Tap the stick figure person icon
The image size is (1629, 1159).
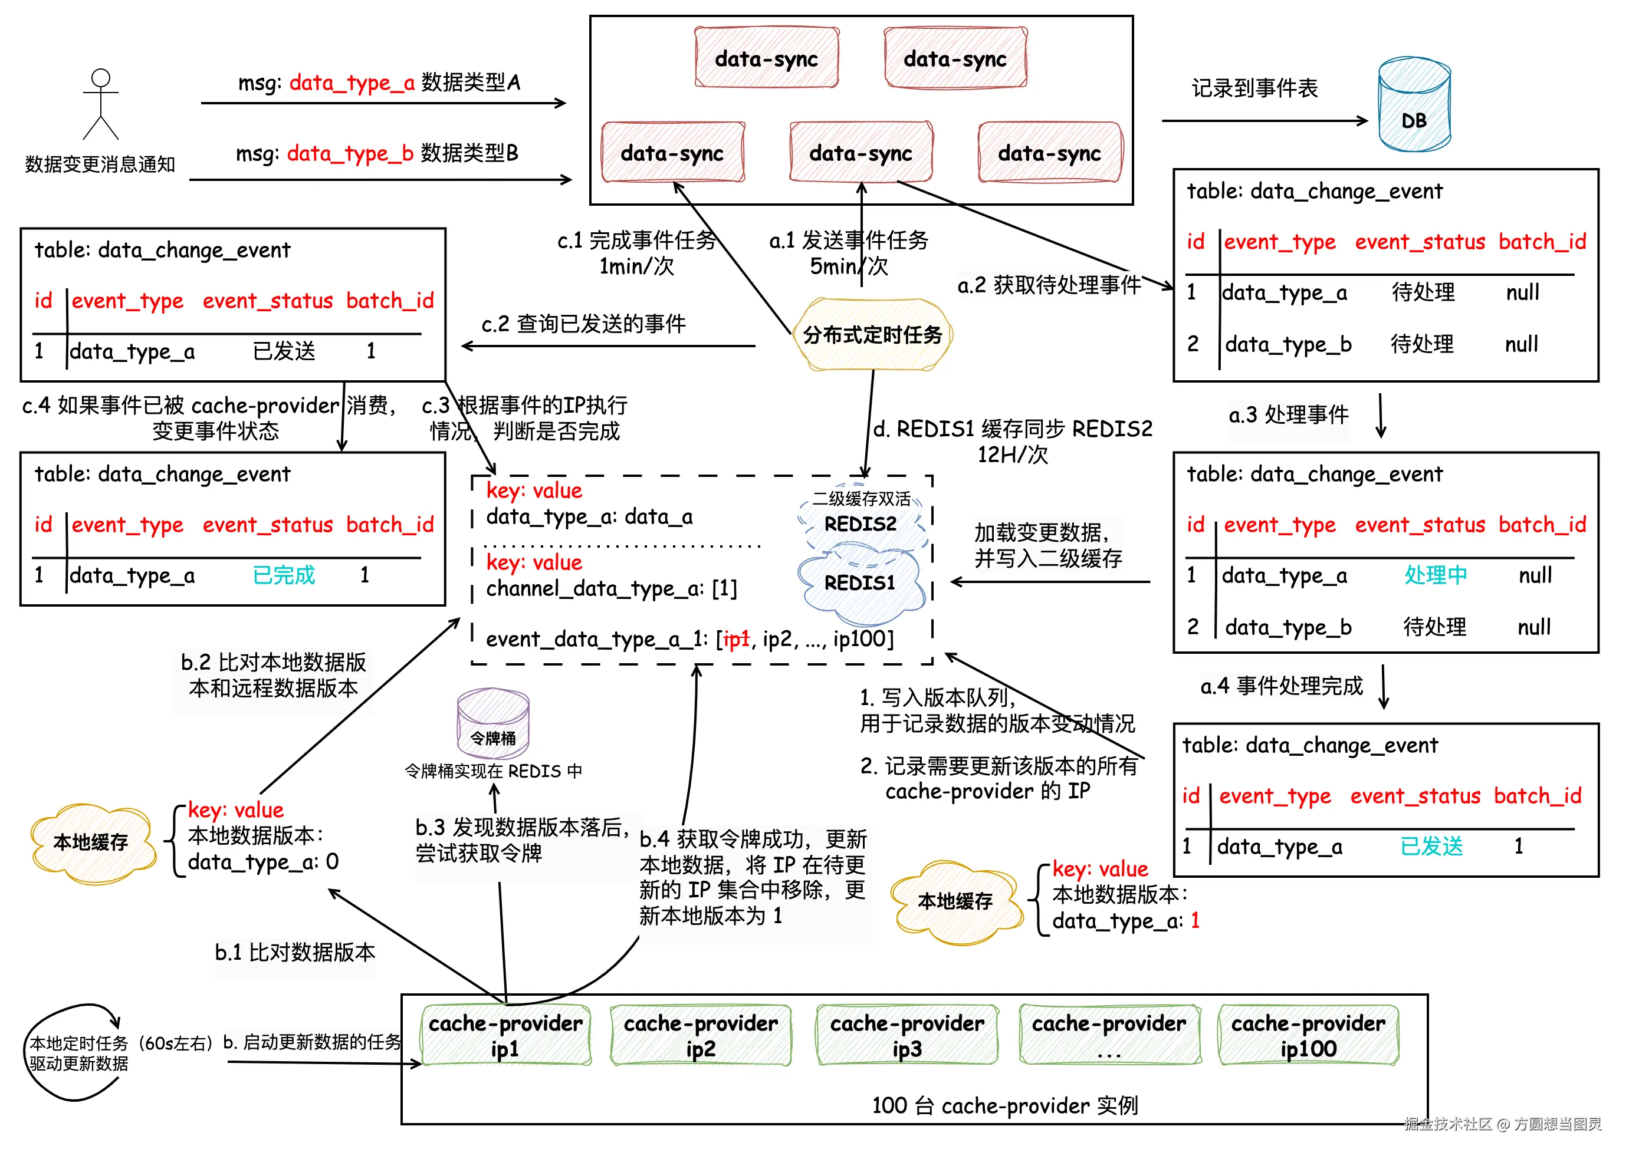pos(101,104)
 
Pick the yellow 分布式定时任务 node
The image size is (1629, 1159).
pos(872,335)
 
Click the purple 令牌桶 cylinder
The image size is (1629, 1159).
pos(492,725)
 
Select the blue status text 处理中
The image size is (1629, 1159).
pos(1435,575)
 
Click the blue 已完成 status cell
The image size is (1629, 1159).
pos(284,575)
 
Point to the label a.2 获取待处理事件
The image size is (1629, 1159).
pos(1049,285)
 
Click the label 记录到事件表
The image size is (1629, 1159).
pos(1254,88)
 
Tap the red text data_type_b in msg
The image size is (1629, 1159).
pos(350,153)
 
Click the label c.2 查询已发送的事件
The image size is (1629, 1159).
pos(583,324)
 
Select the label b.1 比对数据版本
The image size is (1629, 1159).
pos(295,953)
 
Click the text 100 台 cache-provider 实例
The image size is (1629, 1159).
pos(1004,1106)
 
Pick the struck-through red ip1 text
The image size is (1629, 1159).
pos(736,640)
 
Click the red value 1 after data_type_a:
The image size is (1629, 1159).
pos(1195,921)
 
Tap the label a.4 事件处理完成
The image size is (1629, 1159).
pos(1282,687)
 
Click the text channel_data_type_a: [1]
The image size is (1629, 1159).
pos(611,589)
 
